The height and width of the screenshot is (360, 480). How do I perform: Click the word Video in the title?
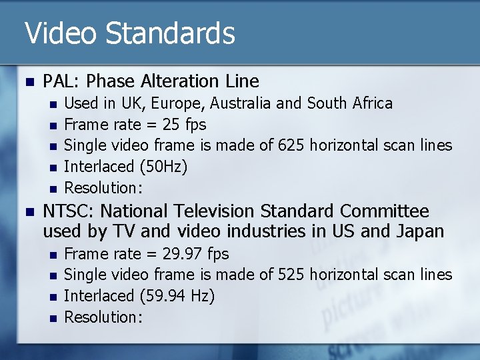(x=61, y=33)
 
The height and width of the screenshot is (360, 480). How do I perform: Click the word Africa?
(x=373, y=103)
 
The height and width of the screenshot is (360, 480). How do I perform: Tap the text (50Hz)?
(x=163, y=167)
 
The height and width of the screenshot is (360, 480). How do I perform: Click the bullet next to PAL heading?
(x=28, y=82)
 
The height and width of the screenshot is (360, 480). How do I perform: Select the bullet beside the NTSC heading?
(x=28, y=212)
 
